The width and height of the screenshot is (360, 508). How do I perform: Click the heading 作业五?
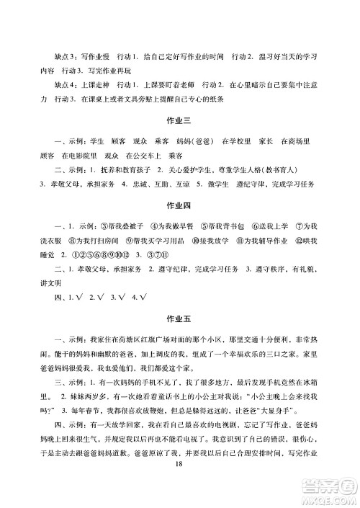point(179,318)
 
